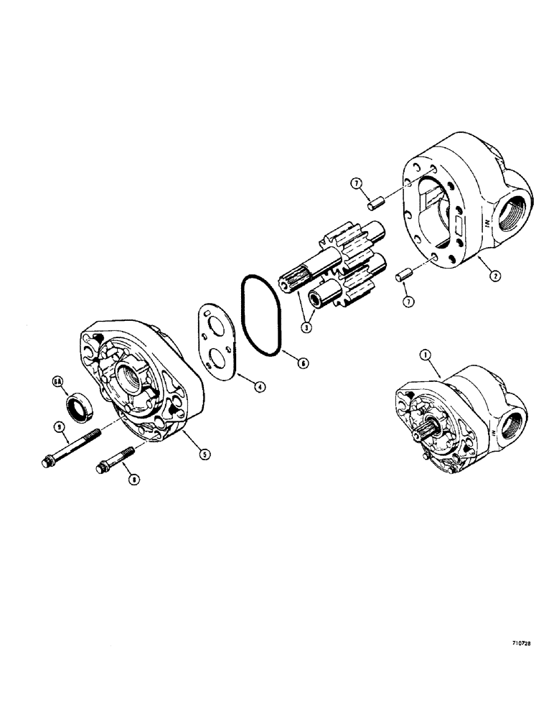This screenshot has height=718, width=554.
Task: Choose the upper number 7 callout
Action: (357, 185)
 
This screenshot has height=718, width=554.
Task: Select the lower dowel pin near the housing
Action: (406, 274)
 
